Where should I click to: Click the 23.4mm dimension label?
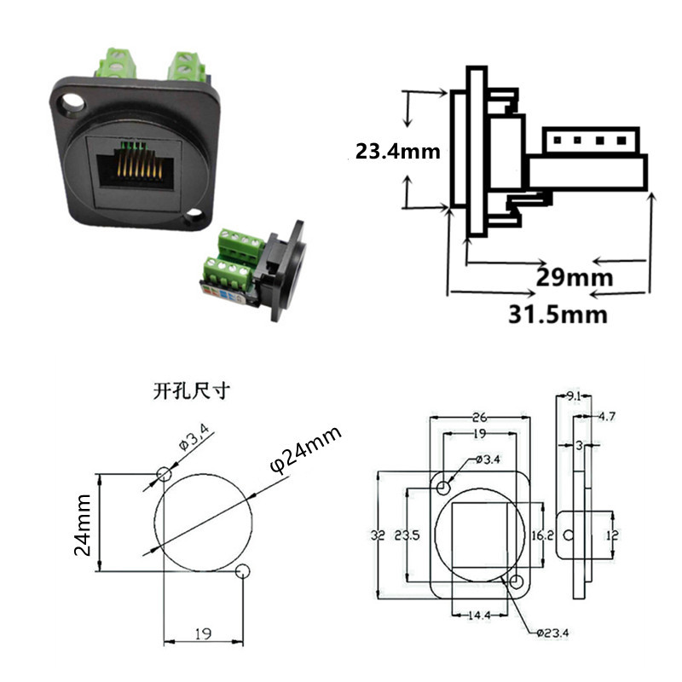(397, 152)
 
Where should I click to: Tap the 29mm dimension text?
(574, 276)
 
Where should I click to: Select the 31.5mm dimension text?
(558, 314)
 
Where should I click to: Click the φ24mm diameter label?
(305, 449)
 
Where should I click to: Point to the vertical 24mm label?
(83, 525)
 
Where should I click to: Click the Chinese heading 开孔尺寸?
(191, 390)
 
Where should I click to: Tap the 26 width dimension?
(479, 418)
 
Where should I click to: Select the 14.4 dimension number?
(479, 615)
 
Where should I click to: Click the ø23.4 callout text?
(552, 633)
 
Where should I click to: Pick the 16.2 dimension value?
(542, 535)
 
